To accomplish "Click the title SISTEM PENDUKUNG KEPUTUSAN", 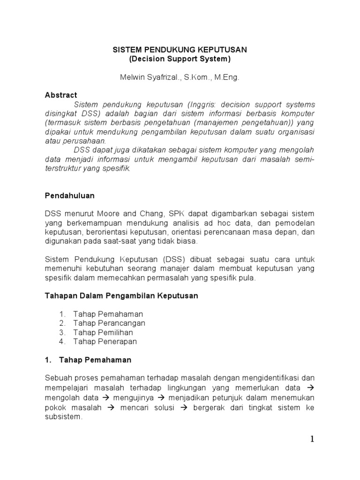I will [180, 50].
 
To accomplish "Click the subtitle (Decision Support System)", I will [180, 59].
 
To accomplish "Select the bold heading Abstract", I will [61, 95].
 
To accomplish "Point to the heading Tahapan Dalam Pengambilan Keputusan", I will [121, 296].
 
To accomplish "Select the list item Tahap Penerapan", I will [105, 341].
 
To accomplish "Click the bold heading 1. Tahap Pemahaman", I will [88, 360].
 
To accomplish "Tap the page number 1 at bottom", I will [312, 439].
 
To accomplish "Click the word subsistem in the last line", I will [63, 417].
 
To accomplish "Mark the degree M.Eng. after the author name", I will [227, 77].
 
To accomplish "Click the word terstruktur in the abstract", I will [65, 168].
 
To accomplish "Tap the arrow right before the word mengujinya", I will [106, 398].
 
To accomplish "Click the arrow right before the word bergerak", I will [184, 408].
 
